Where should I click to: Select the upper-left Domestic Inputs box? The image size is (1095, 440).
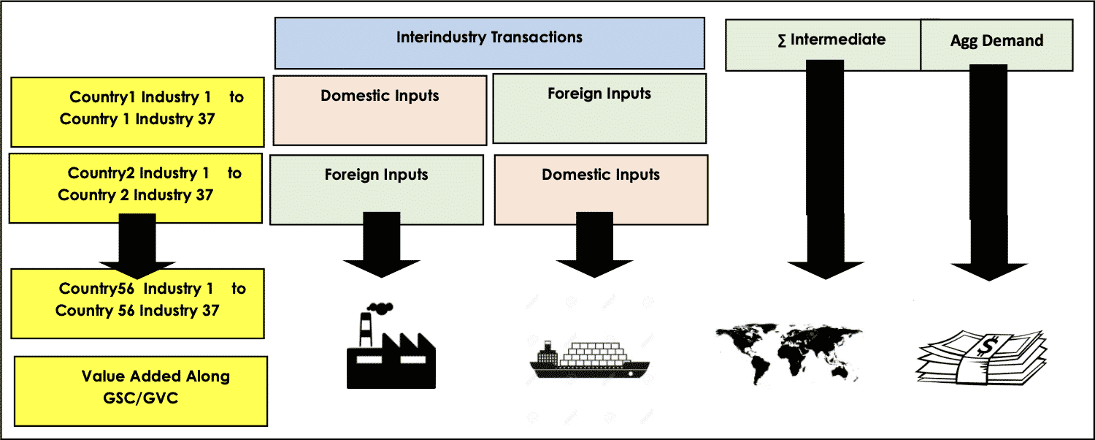click(380, 110)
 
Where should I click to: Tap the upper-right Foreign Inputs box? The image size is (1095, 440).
click(599, 108)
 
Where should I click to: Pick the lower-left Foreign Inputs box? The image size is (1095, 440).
click(376, 189)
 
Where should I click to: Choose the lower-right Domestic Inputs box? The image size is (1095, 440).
click(601, 189)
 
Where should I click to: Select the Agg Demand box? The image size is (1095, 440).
click(996, 46)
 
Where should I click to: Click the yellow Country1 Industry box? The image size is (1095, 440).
click(137, 112)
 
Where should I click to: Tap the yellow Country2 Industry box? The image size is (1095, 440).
click(135, 188)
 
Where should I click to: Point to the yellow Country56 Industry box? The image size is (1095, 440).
click(137, 303)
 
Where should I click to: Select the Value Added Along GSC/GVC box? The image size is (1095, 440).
click(141, 390)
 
